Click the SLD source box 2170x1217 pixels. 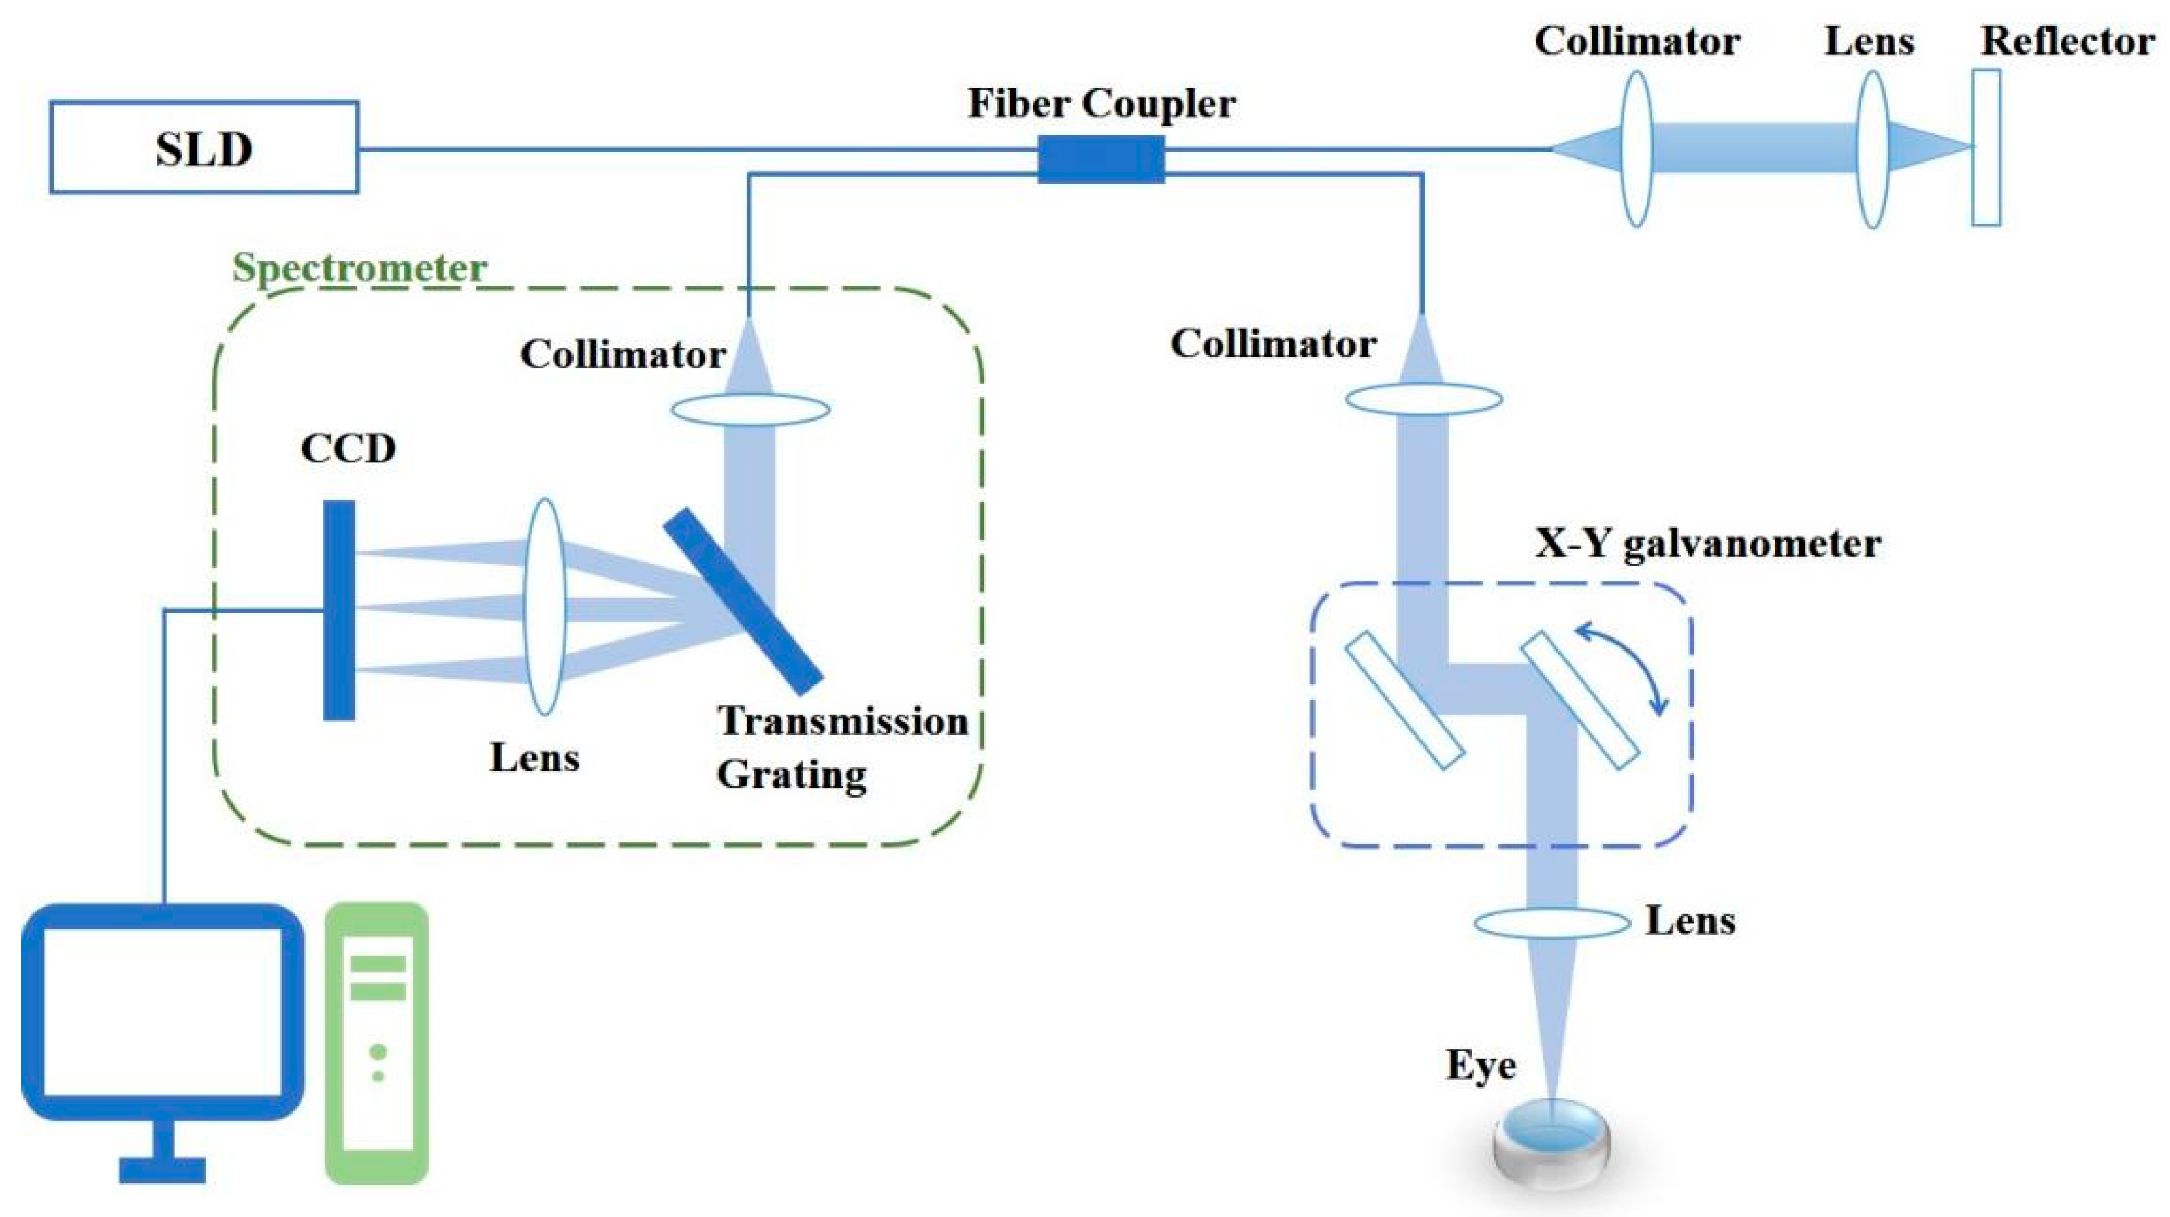point(204,148)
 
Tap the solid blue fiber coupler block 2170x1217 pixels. point(1100,159)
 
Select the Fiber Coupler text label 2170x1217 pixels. point(1101,103)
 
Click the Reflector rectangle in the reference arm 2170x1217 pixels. point(1986,148)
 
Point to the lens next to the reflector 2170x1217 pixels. point(1872,148)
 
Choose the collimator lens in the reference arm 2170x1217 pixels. point(1636,148)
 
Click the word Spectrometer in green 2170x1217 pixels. point(360,268)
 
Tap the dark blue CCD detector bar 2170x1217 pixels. point(339,611)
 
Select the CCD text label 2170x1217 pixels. point(348,448)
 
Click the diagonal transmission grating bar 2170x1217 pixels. point(742,600)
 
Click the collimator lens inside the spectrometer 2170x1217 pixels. point(750,410)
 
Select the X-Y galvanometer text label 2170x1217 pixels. point(1708,543)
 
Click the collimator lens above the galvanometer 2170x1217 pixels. point(1423,399)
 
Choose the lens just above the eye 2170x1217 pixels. point(1552,923)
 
